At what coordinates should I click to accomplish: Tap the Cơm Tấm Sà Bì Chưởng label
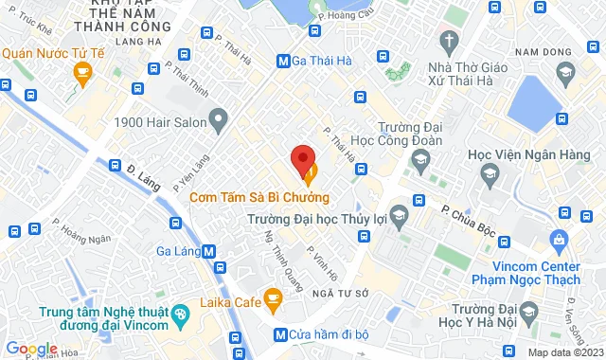(x=259, y=198)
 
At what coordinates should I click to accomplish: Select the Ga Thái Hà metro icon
(x=282, y=62)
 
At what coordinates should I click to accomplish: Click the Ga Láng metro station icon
(x=208, y=252)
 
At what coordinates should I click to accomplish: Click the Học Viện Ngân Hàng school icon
(x=489, y=172)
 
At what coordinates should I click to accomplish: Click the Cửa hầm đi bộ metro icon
(x=279, y=334)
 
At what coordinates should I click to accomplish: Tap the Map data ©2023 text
(x=563, y=353)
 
